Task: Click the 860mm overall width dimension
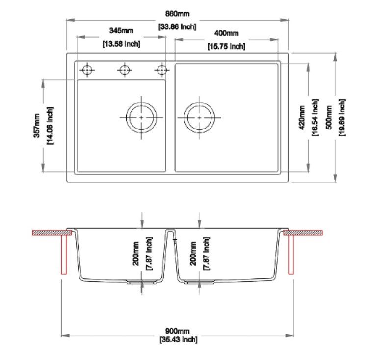pyautogui.click(x=177, y=14)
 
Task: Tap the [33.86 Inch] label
pyautogui.click(x=177, y=27)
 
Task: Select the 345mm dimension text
pyautogui.click(x=121, y=31)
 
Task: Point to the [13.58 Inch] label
pyautogui.click(x=121, y=44)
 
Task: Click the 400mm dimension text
pyautogui.click(x=226, y=34)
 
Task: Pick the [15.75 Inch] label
pyautogui.click(x=226, y=47)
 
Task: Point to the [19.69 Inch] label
pyautogui.click(x=342, y=118)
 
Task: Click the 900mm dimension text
pyautogui.click(x=178, y=332)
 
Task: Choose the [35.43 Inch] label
pyautogui.click(x=178, y=339)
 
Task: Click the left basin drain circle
pyautogui.click(x=141, y=118)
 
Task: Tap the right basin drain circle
pyautogui.click(x=199, y=118)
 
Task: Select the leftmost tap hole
pyautogui.click(x=87, y=70)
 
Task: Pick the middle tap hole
pyautogui.click(x=125, y=70)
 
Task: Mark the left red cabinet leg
pyautogui.click(x=63, y=254)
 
